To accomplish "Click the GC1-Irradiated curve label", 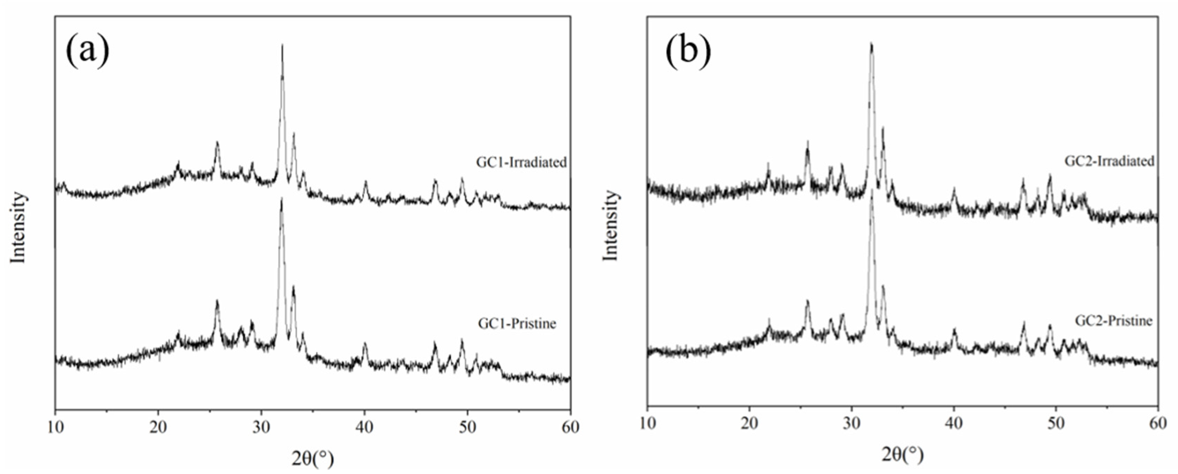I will point(521,162).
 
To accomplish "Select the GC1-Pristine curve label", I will point(517,324).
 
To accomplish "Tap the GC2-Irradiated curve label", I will point(1110,161).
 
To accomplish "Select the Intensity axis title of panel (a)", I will point(18,227).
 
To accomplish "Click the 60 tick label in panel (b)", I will point(1158,424).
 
